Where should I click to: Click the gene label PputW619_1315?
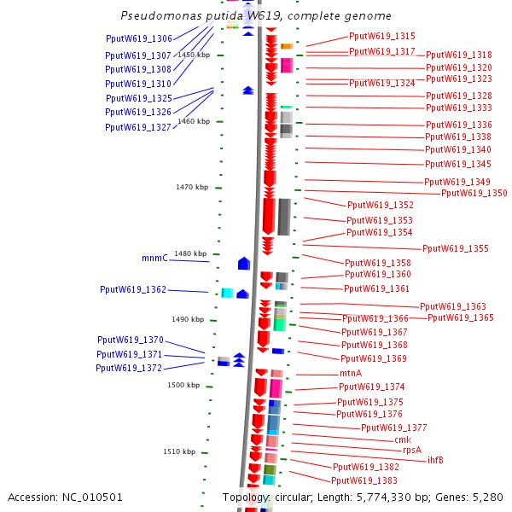(382, 37)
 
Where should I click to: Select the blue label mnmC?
(154, 258)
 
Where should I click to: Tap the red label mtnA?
(351, 373)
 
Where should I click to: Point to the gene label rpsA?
(413, 450)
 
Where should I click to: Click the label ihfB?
(435, 460)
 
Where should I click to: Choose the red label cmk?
(403, 439)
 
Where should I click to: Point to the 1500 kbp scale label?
(183, 385)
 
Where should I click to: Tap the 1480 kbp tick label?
(190, 253)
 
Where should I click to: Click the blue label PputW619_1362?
(133, 289)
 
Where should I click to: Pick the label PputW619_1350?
(474, 193)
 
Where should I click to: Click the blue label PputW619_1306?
(139, 38)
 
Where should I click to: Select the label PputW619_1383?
(364, 481)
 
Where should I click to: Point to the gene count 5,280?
(487, 497)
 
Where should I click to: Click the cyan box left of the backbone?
(227, 293)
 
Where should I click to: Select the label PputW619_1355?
(456, 248)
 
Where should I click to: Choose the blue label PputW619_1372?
(129, 368)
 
